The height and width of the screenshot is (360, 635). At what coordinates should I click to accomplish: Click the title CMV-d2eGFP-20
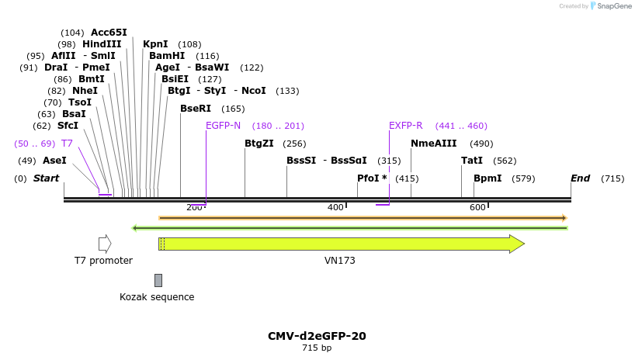pyautogui.click(x=317, y=336)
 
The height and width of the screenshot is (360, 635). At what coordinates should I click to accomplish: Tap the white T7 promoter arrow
pyautogui.click(x=105, y=244)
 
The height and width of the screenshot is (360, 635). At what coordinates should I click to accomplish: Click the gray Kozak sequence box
pyautogui.click(x=158, y=280)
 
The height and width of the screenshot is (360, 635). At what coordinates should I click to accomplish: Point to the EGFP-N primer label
pyautogui.click(x=223, y=126)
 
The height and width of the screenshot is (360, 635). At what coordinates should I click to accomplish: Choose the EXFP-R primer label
pyautogui.click(x=405, y=126)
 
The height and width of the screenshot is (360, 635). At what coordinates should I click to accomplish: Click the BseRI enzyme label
pyautogui.click(x=195, y=109)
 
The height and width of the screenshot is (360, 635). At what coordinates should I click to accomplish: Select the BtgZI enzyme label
pyautogui.click(x=259, y=144)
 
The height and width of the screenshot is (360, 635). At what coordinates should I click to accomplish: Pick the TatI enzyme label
pyautogui.click(x=471, y=161)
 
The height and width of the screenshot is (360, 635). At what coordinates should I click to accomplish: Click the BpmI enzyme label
pyautogui.click(x=487, y=178)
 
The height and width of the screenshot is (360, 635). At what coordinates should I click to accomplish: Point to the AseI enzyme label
pyautogui.click(x=54, y=161)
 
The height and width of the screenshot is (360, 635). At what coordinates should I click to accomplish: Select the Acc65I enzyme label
pyautogui.click(x=109, y=33)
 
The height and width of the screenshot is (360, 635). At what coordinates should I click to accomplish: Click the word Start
pyautogui.click(x=46, y=178)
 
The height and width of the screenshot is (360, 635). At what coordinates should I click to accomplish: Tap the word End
pyautogui.click(x=580, y=178)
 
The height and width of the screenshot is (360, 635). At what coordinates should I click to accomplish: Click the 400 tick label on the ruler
pyautogui.click(x=335, y=207)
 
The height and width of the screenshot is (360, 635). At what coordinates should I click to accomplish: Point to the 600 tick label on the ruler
pyautogui.click(x=477, y=207)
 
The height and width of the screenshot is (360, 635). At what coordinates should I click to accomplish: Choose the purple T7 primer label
pyautogui.click(x=67, y=144)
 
